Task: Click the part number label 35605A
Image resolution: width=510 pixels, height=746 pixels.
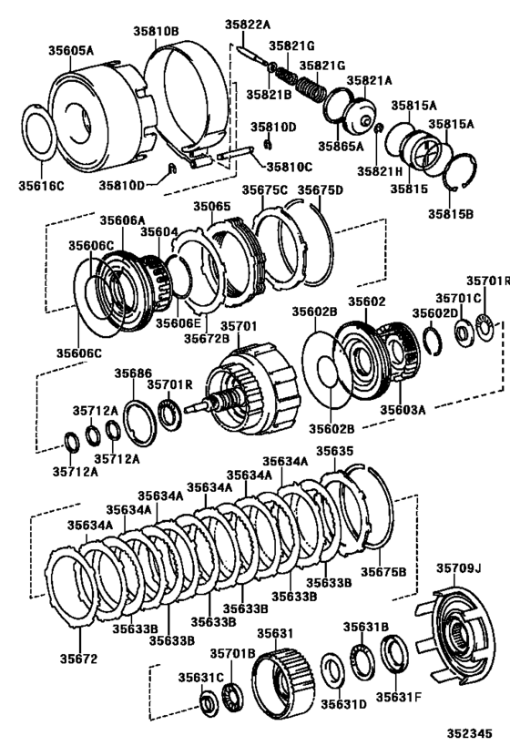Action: click(x=71, y=52)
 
